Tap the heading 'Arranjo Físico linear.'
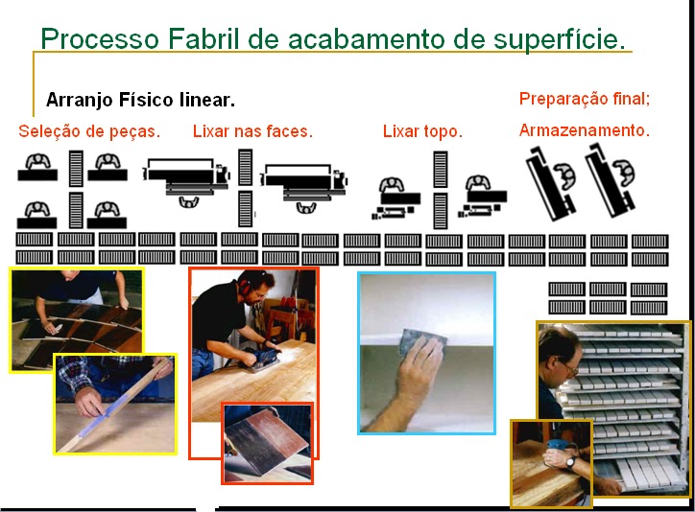coord(140,100)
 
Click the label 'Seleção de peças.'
coord(89,131)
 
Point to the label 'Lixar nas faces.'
coord(252,131)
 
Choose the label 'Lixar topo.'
coord(422,131)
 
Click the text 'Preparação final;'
coord(585,99)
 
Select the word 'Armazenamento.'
coord(585,130)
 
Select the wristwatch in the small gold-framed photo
coord(569,463)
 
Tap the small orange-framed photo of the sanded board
coord(267,442)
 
